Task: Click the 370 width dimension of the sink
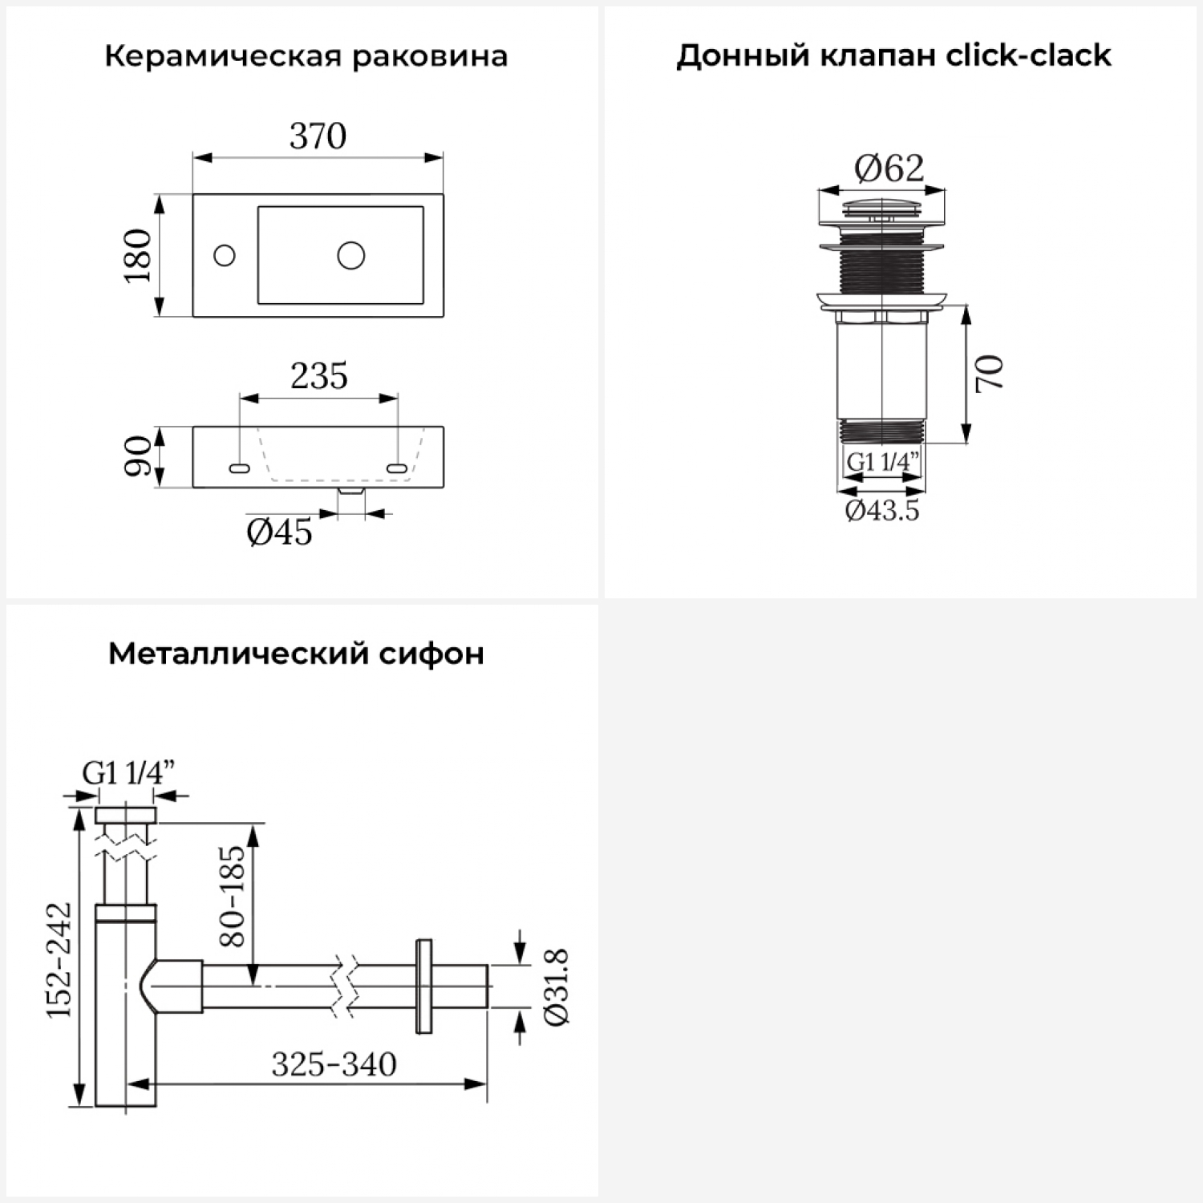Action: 318,136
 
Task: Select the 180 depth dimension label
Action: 138,255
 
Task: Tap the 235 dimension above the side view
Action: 319,376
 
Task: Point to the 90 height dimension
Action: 138,456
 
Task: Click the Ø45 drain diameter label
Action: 279,532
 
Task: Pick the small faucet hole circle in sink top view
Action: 225,256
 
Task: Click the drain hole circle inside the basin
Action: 351,255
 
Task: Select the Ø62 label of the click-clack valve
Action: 889,168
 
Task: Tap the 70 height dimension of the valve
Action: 990,373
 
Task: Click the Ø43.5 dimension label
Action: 882,510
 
